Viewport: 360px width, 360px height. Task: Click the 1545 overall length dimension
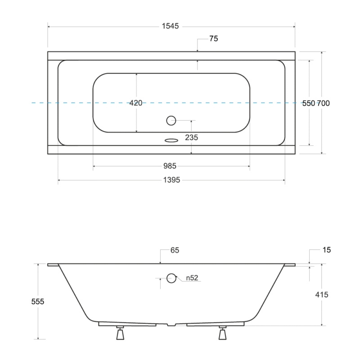click(170, 26)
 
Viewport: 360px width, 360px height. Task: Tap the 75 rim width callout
click(213, 39)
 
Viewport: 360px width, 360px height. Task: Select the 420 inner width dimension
click(136, 103)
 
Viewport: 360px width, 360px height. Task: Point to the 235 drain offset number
click(192, 138)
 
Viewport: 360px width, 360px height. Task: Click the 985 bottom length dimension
click(170, 166)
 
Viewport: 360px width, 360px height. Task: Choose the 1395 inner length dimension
click(171, 180)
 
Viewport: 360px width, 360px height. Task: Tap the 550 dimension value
click(308, 103)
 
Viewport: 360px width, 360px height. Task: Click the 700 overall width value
click(323, 103)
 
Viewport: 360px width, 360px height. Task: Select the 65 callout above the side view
click(175, 250)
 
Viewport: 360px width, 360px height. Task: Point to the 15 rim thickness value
click(327, 250)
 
